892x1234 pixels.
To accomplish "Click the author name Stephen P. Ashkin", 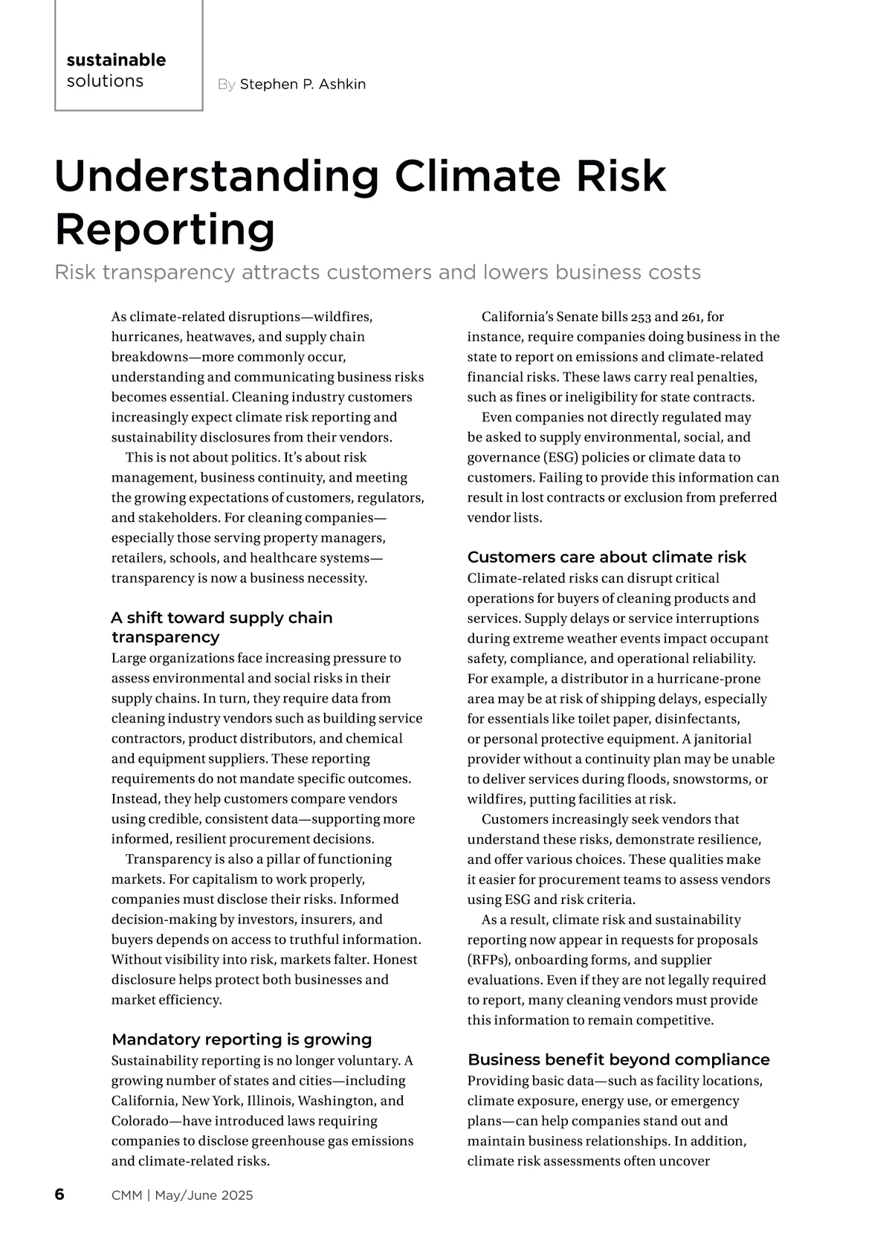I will click(303, 85).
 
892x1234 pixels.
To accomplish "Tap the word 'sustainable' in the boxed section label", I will click(116, 60).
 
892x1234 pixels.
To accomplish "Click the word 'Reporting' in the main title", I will click(165, 230).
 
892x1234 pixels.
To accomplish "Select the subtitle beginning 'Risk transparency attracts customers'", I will click(378, 273).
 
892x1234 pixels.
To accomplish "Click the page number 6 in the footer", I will click(59, 1195).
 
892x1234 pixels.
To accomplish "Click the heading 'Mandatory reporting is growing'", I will click(242, 1039).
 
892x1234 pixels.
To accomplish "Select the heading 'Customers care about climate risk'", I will click(607, 558).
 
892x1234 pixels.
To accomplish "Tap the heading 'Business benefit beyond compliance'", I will click(618, 1059).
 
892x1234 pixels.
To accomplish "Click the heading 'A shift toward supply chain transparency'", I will click(222, 627).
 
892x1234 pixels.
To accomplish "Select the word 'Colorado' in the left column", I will click(140, 1121).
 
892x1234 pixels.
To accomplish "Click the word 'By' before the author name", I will click(226, 85).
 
